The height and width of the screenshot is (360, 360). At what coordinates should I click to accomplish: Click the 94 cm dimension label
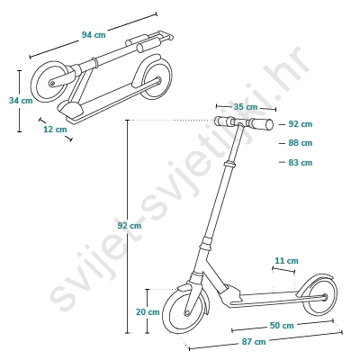[94, 35]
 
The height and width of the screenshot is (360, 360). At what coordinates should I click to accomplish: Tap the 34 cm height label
[21, 101]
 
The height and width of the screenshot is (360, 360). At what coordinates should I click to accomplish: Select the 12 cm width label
[55, 130]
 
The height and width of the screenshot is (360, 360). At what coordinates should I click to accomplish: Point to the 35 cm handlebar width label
[246, 107]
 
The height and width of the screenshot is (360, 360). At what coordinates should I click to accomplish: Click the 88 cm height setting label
[301, 143]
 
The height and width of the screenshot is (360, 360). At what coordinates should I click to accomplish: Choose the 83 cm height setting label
[301, 163]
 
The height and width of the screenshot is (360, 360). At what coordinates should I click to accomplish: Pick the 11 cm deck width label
[287, 261]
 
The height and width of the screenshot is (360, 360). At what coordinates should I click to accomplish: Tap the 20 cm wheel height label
[148, 312]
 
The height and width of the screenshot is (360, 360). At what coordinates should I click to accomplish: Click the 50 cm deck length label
[282, 326]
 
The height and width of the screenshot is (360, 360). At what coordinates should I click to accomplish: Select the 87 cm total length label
[254, 342]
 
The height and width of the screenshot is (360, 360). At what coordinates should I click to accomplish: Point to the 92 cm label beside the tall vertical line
[130, 226]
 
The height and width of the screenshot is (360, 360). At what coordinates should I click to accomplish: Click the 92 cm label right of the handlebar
[301, 124]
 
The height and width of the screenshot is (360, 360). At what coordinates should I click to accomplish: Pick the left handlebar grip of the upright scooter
[224, 121]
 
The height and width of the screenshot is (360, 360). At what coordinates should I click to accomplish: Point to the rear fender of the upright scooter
[312, 277]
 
